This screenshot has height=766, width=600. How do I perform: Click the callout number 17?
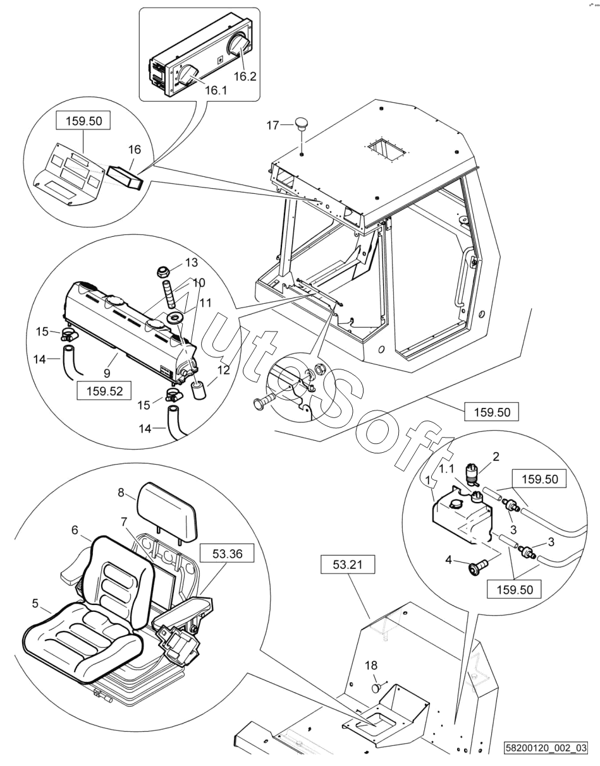pos(272,125)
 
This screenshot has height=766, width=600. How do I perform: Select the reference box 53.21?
pos(348,564)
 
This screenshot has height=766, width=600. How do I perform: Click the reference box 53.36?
pos(227,554)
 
